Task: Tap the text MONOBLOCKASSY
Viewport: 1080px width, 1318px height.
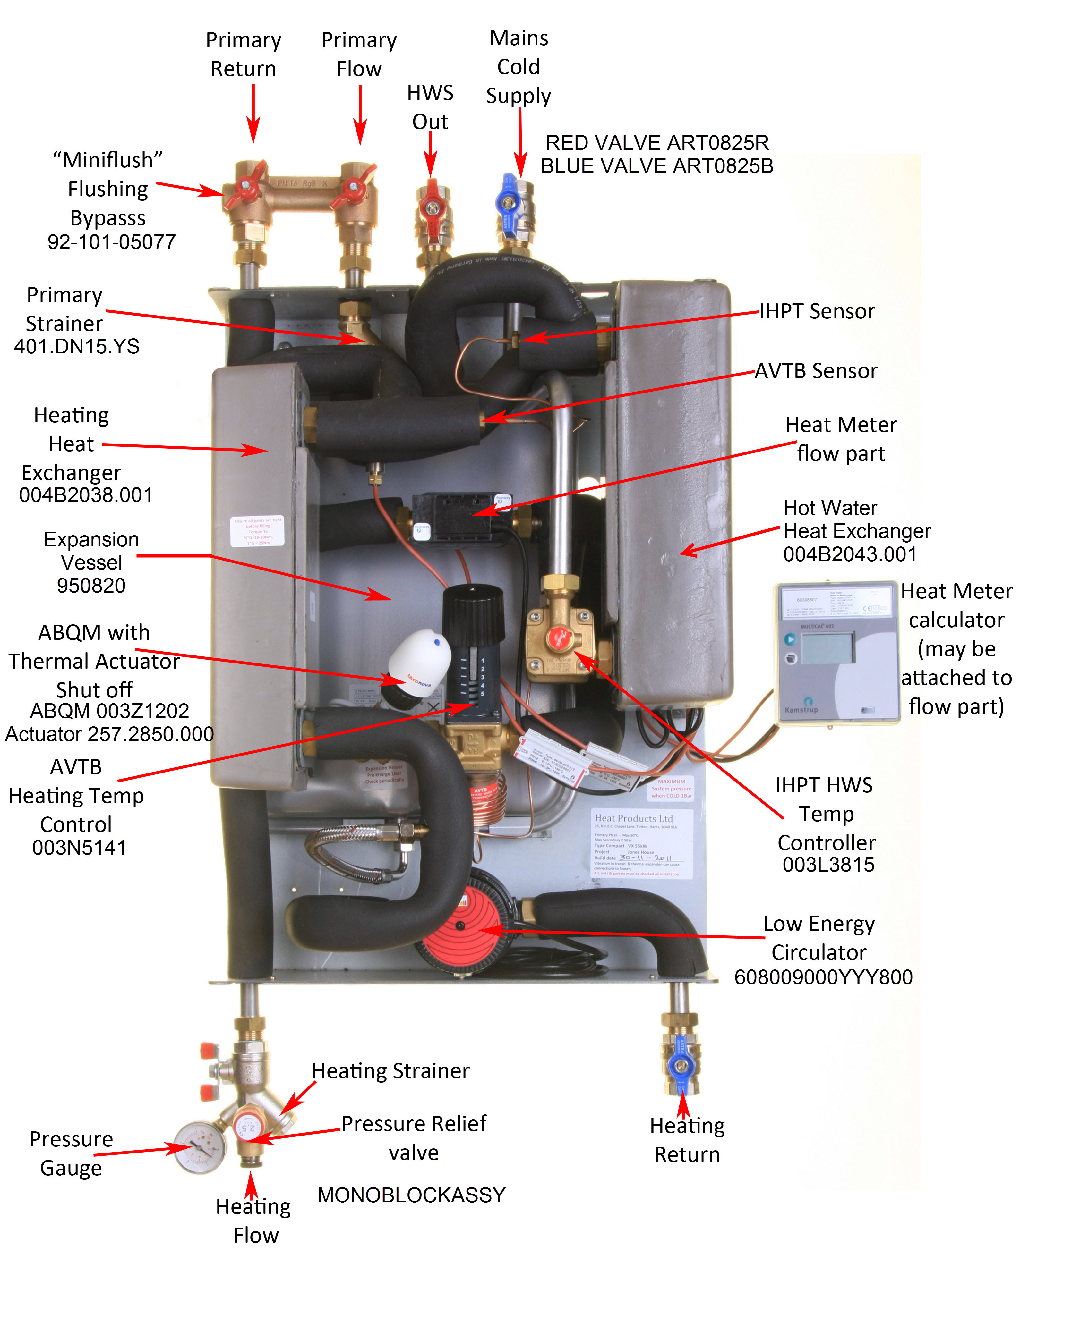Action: (x=411, y=1195)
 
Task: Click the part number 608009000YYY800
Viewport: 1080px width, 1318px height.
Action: (x=823, y=977)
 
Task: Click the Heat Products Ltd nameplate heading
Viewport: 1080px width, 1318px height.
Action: (x=633, y=818)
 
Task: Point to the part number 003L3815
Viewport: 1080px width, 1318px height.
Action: (x=828, y=865)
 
